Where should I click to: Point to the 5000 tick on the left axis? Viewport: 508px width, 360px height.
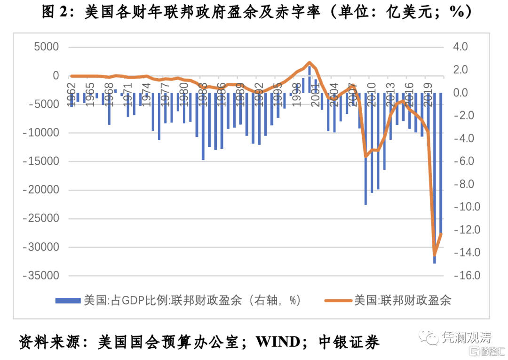click(x=46, y=47)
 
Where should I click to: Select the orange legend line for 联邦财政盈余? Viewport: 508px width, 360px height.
click(x=338, y=300)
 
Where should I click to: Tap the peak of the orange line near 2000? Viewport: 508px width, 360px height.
click(x=310, y=62)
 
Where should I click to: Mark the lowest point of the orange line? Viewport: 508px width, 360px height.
click(x=434, y=256)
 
